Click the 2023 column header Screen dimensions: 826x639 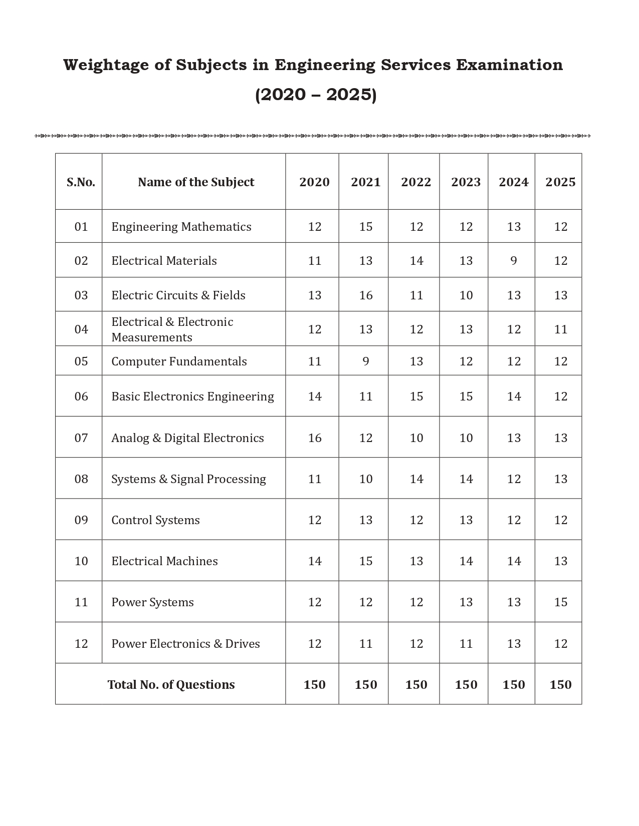click(466, 182)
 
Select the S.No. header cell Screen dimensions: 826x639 click(81, 182)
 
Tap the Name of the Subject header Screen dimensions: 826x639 click(196, 182)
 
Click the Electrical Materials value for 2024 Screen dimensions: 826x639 click(513, 261)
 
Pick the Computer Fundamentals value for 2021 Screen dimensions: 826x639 click(365, 361)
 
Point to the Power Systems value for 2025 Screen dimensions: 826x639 click(560, 602)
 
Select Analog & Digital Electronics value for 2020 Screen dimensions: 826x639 click(314, 438)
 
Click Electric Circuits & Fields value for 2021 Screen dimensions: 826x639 click(365, 295)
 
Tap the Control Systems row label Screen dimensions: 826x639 click(155, 520)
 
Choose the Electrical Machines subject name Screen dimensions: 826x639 click(164, 561)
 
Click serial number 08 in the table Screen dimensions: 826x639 click(81, 479)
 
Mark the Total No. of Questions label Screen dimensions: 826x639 click(171, 685)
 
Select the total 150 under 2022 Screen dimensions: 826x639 click(416, 685)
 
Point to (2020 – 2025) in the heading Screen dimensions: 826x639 click(316, 95)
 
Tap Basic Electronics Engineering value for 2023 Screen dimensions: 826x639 click(466, 396)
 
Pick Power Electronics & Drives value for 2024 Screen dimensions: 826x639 click(513, 644)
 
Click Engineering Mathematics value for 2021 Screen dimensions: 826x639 click(365, 227)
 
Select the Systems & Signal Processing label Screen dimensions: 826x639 click(188, 479)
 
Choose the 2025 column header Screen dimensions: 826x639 click(560, 182)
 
